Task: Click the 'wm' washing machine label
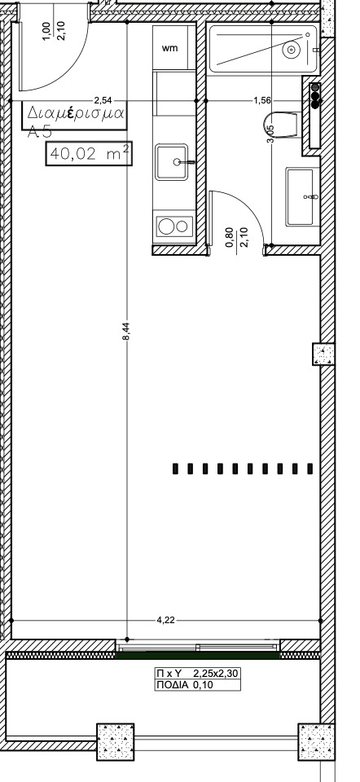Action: point(169,48)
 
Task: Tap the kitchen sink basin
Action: point(172,162)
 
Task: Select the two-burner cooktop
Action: point(174,226)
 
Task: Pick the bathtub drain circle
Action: point(291,50)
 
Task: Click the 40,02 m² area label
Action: point(90,154)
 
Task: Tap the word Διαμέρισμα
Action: point(75,112)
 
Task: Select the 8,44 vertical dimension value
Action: point(126,331)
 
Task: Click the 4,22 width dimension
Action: point(165,621)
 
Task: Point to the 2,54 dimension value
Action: point(103,101)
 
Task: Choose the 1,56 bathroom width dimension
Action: point(262,101)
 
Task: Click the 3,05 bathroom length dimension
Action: point(270,134)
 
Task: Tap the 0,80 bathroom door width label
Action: point(230,237)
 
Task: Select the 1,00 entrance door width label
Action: point(46,30)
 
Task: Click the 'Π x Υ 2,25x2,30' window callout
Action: point(198,674)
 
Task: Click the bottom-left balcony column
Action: point(115,741)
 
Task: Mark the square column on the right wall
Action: point(323,354)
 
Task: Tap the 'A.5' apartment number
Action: point(39,132)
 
